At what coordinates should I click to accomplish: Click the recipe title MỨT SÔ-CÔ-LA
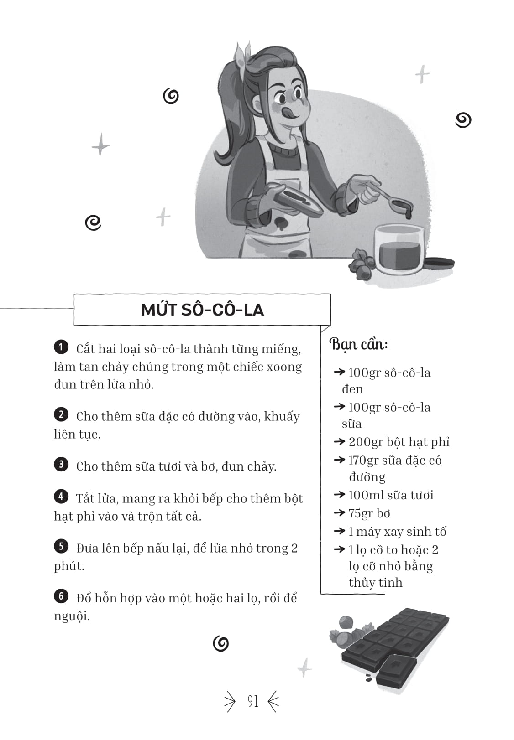[202, 310]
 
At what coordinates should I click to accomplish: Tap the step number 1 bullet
[61, 347]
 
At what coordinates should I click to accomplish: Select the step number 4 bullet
[61, 497]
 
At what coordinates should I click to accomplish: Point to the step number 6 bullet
[61, 596]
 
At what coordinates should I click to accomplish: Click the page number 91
[253, 701]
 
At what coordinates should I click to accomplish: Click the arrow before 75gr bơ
[340, 512]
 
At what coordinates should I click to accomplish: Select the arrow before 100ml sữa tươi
[340, 494]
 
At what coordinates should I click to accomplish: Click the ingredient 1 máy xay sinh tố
[397, 531]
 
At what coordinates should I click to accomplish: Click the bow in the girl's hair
[242, 55]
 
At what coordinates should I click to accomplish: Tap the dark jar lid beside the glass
[439, 263]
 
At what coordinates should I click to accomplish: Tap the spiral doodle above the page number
[220, 643]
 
